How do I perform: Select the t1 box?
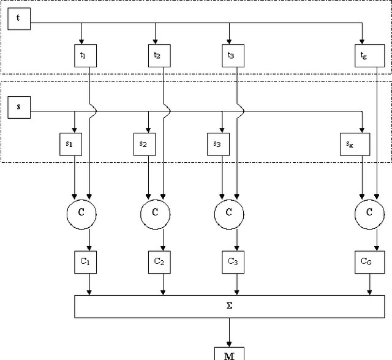[84, 55]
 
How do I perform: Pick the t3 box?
[232, 55]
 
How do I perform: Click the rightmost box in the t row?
[364, 55]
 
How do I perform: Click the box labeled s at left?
[18, 107]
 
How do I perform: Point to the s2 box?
[143, 144]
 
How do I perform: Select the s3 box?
[217, 144]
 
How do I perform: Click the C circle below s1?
[81, 212]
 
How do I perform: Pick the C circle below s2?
[156, 212]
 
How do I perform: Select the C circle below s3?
[229, 212]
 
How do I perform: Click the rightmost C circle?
[369, 212]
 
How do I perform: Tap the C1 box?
[85, 261]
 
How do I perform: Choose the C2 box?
[159, 261]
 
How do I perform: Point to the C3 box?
[232, 261]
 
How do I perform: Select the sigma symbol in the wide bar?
[229, 306]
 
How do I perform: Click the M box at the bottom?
[229, 354]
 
